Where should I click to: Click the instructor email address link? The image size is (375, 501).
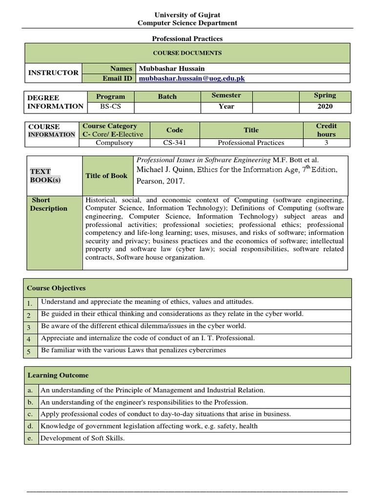(x=192, y=78)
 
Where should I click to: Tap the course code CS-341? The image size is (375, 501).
(x=174, y=143)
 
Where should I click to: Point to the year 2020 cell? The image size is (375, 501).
(x=325, y=106)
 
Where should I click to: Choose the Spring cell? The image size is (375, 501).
(x=325, y=95)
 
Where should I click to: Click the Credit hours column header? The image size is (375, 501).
(x=326, y=130)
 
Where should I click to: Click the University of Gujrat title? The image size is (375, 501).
(x=187, y=15)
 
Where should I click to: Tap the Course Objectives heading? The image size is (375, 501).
(x=56, y=288)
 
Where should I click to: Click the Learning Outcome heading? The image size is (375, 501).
(x=58, y=375)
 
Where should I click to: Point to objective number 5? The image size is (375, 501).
(x=29, y=351)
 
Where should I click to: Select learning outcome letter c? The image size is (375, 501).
(x=30, y=414)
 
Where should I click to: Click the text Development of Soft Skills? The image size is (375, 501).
(x=83, y=438)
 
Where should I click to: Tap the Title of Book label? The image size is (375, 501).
(x=106, y=176)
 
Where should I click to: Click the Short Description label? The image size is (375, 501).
(x=48, y=204)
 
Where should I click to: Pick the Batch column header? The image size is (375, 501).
(x=167, y=96)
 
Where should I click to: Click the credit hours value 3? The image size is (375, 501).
(x=326, y=143)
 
